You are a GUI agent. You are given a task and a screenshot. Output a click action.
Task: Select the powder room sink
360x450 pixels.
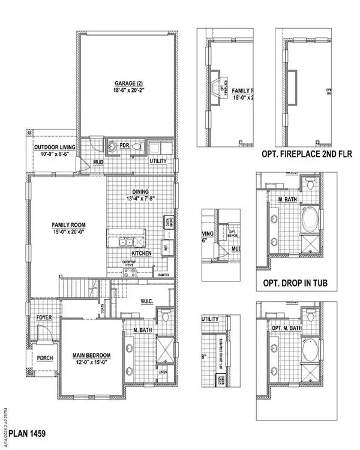112,146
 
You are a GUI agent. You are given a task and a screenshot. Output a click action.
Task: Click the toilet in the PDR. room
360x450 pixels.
136,146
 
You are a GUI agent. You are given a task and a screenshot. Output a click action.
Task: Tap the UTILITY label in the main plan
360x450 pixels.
158,161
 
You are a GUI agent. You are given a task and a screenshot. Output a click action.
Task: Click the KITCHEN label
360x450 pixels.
142,254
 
